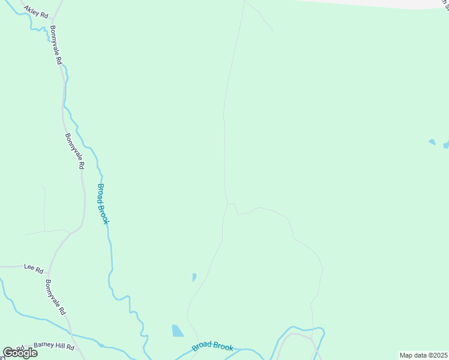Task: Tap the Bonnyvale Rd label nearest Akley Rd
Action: click(56, 46)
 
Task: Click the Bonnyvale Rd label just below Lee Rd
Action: click(55, 299)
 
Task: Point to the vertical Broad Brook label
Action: click(103, 203)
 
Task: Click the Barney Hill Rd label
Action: click(54, 347)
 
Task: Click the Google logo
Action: click(20, 353)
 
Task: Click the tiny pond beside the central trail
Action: click(194, 277)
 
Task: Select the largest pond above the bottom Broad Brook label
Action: click(177, 331)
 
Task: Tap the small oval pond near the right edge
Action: click(432, 142)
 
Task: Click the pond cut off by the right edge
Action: click(446, 145)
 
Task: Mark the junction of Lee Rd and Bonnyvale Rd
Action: click(47, 266)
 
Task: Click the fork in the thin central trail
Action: click(228, 204)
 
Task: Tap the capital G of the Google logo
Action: click(8, 353)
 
